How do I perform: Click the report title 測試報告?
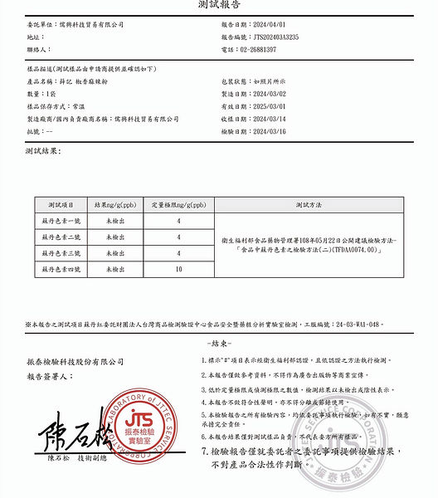tap(218, 6)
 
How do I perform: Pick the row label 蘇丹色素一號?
tap(61, 221)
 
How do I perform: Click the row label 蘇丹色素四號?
tap(61, 270)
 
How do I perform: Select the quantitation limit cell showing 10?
tap(178, 270)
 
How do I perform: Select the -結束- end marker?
tap(218, 343)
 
